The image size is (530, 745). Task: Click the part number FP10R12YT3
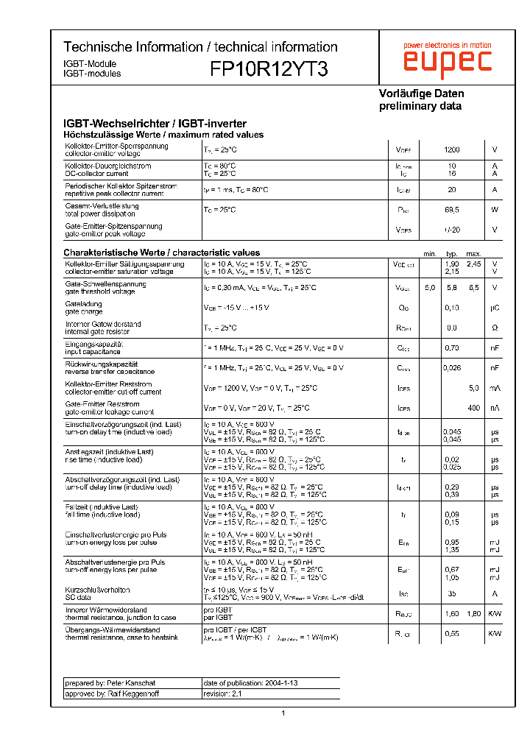(269, 69)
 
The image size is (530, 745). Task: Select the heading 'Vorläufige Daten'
(421, 93)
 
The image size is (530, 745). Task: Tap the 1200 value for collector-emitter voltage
(452, 149)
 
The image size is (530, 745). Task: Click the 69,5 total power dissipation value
(452, 210)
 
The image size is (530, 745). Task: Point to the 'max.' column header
(473, 253)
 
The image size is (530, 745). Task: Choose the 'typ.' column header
(452, 253)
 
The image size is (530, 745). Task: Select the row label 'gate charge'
(82, 311)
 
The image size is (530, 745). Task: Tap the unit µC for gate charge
(495, 308)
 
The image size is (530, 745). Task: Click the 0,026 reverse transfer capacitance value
(452, 367)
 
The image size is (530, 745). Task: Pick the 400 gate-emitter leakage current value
(473, 407)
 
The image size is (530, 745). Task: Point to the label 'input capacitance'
(93, 352)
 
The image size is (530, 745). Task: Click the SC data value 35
(452, 593)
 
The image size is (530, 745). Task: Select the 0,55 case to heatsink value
(452, 633)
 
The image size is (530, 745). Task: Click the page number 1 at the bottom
(283, 713)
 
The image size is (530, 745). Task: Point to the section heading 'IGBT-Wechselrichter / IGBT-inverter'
(155, 124)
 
